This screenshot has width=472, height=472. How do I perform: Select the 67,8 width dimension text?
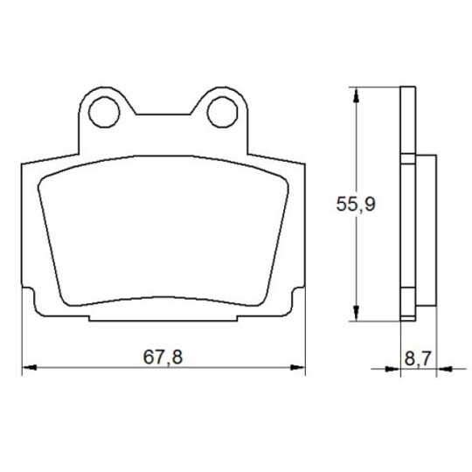point(163,357)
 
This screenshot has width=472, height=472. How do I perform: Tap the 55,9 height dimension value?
point(356,204)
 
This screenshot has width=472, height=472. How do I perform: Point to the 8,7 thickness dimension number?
point(418,358)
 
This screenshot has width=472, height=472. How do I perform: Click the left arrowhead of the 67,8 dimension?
point(30,367)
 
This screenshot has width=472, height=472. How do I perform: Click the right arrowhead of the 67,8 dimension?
point(297,367)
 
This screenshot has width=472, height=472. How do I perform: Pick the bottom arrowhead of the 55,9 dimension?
point(356,313)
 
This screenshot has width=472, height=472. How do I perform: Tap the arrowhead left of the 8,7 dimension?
point(392,369)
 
